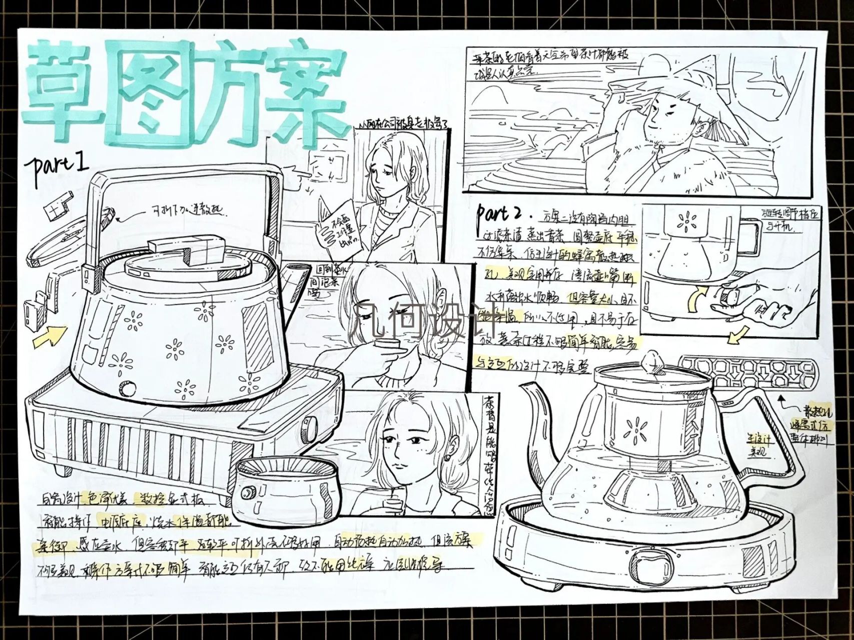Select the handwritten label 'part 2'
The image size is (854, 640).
tap(498, 214)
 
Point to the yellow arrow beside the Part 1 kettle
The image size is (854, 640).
tap(50, 336)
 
